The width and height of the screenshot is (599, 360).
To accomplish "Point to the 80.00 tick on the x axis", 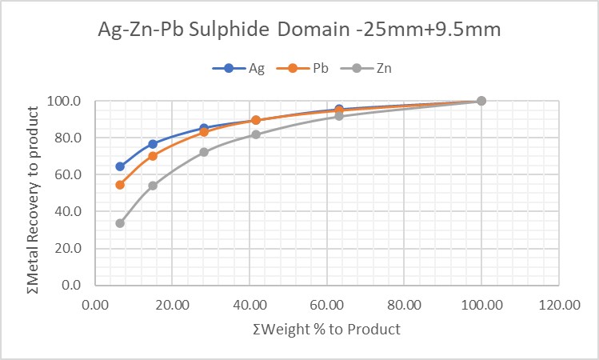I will coord(404,305).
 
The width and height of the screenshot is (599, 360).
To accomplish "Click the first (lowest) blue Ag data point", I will coord(120,166).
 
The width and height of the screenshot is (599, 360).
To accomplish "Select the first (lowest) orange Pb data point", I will coord(120,185).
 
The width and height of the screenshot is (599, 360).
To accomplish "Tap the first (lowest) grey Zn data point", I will coord(120,223).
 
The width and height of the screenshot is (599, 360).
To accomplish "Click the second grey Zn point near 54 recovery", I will coord(153,186).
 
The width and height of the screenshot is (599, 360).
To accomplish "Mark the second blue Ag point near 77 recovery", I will coord(153,144).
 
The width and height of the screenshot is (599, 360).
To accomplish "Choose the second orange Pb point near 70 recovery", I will coord(153,156).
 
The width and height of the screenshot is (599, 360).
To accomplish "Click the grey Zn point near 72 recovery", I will coord(204,152).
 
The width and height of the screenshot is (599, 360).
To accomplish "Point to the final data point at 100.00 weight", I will coord(481,101).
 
